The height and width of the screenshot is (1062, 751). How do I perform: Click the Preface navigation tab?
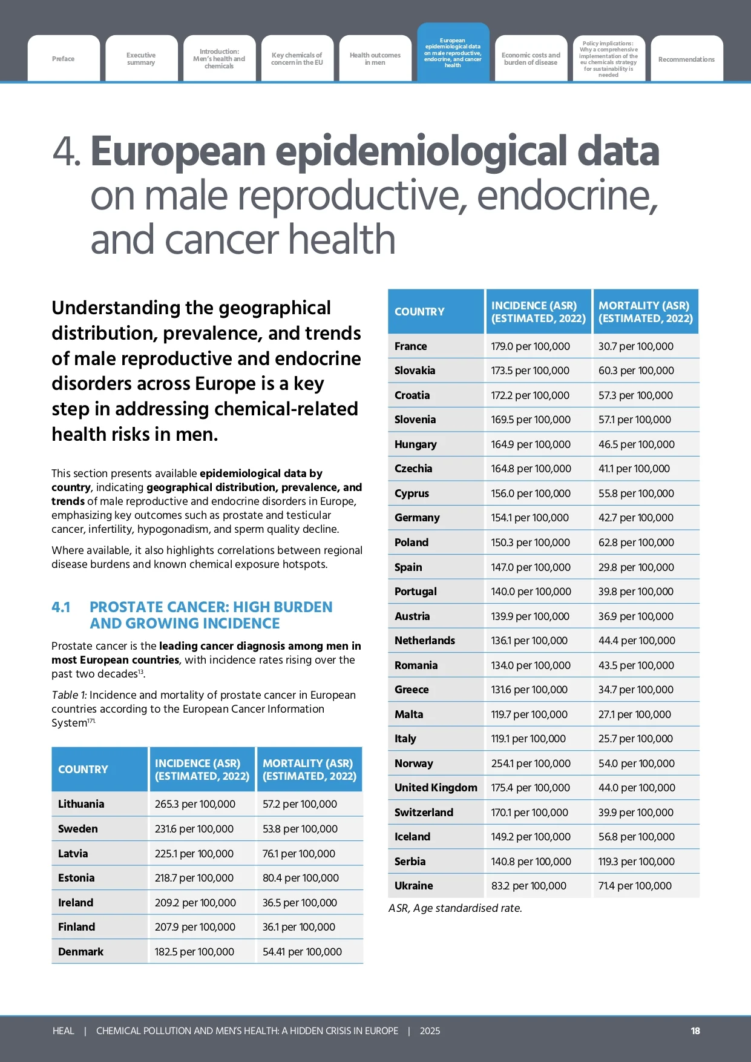(x=64, y=59)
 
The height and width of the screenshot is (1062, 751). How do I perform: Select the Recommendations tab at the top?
(x=686, y=59)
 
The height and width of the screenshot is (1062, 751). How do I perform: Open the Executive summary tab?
(x=141, y=59)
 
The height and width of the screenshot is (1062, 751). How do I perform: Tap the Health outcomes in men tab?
(x=375, y=59)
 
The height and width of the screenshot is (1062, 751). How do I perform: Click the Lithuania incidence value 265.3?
(x=195, y=804)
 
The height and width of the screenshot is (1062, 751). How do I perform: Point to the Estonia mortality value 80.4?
(x=300, y=878)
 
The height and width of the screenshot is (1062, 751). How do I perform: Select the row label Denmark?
(x=81, y=952)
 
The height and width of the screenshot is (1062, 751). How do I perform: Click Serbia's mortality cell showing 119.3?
(x=636, y=862)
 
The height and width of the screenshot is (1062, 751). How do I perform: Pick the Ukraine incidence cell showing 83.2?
(x=528, y=886)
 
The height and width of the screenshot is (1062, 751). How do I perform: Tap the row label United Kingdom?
(x=436, y=788)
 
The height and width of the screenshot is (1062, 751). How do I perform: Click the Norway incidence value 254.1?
(x=531, y=764)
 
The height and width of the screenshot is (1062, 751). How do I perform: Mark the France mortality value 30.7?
(x=635, y=346)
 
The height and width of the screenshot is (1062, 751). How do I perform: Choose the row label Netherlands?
(x=424, y=641)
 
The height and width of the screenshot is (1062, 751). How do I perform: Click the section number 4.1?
(x=61, y=607)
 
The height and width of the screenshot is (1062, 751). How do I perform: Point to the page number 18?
(x=695, y=1031)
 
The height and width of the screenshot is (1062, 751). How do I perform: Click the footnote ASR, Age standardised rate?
(x=455, y=908)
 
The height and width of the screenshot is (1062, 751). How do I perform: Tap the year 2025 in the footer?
(x=430, y=1031)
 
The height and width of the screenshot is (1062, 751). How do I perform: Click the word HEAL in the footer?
(x=64, y=1031)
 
